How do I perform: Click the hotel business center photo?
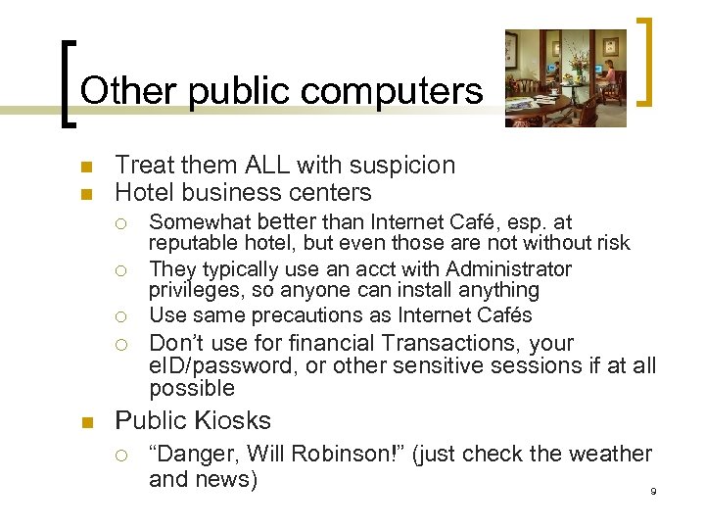point(565,77)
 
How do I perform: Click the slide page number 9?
point(653,491)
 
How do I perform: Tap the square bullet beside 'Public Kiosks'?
point(85,422)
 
